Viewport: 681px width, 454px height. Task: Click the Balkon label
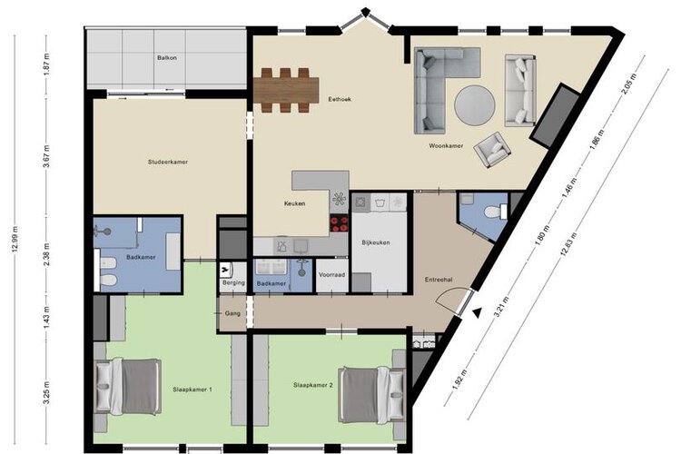click(167, 57)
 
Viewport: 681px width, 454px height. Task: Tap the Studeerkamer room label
click(168, 162)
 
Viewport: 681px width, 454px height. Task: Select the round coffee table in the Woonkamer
click(474, 105)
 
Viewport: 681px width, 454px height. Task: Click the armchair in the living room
click(492, 150)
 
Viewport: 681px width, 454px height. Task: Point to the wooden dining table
click(286, 90)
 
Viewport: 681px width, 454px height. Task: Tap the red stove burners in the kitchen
click(340, 223)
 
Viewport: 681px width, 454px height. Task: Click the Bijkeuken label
click(376, 242)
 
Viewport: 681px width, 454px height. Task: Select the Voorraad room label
click(331, 275)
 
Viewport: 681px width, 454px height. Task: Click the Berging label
click(233, 282)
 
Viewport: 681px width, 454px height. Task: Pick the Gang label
click(232, 313)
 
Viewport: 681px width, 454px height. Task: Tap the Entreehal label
click(439, 280)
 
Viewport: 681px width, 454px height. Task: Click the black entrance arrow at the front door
click(478, 312)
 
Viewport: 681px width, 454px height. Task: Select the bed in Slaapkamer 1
click(128, 386)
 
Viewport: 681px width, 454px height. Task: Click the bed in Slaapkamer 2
click(371, 395)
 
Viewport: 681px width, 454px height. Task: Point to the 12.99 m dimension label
click(15, 240)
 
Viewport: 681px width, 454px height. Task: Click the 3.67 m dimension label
click(47, 156)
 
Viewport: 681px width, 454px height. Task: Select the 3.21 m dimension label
click(501, 307)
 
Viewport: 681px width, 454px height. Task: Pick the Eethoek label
click(340, 99)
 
